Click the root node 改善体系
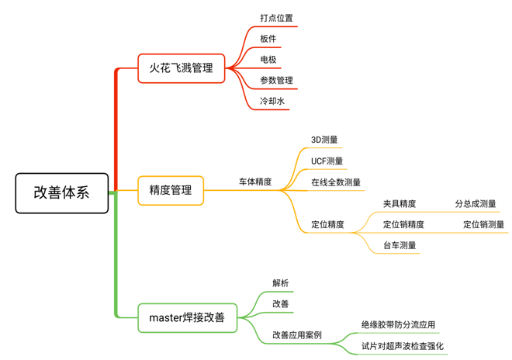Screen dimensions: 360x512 (x=61, y=192)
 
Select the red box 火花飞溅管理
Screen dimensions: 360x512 (x=181, y=68)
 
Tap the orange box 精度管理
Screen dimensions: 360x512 (x=171, y=189)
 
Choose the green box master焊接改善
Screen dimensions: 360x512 (x=187, y=317)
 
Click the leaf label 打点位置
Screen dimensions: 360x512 (x=276, y=18)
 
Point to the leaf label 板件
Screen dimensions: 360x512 (x=268, y=39)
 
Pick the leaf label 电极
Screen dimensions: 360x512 (x=268, y=60)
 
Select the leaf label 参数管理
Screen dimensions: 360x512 (x=276, y=81)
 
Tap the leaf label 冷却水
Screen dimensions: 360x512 (x=272, y=102)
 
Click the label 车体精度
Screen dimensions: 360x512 (x=255, y=182)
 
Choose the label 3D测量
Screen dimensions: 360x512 (x=324, y=140)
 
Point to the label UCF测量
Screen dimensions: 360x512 (x=327, y=161)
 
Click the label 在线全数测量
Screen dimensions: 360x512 (x=336, y=182)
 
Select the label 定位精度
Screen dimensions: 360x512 (x=327, y=225)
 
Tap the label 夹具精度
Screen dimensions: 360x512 (x=400, y=204)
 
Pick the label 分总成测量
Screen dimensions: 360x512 (x=476, y=204)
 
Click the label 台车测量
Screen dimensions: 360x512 (x=400, y=246)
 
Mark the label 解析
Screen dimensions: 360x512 (x=280, y=283)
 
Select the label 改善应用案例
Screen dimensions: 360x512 (x=296, y=336)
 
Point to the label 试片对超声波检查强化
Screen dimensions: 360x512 (x=403, y=346)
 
